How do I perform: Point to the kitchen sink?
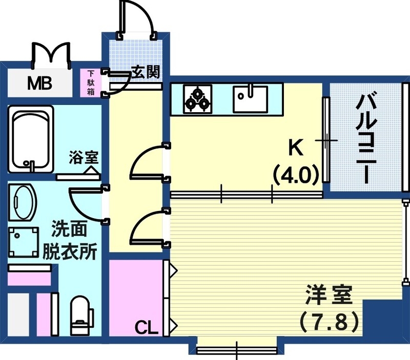click(x=250, y=99)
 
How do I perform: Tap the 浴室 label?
click(x=84, y=158)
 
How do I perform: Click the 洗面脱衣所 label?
click(x=68, y=241)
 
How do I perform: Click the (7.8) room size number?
click(x=328, y=322)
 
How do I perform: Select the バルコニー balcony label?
click(x=367, y=138)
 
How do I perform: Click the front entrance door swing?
click(x=136, y=19)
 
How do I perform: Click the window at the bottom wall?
click(x=237, y=350)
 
